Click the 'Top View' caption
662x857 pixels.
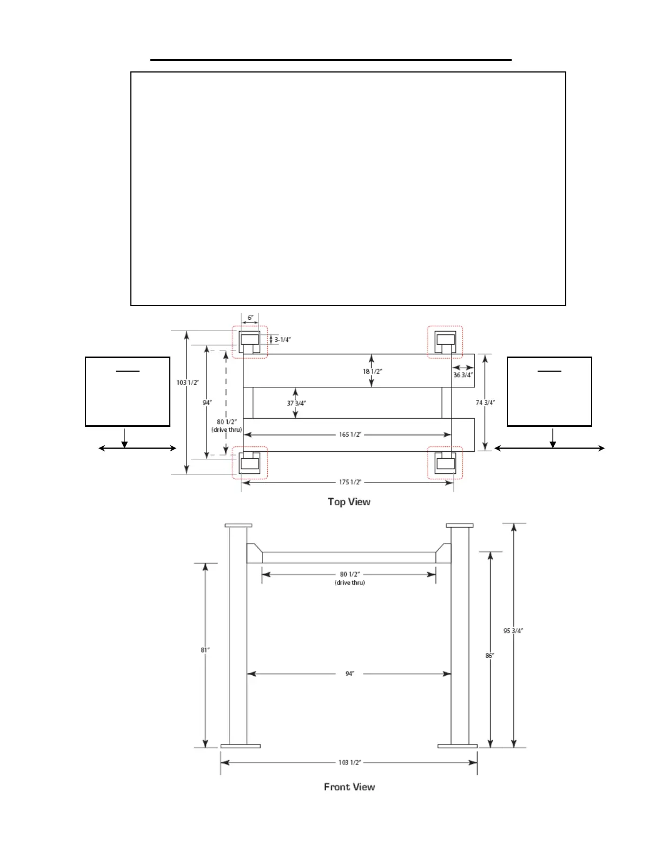click(x=349, y=502)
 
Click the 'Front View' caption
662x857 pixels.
click(x=349, y=787)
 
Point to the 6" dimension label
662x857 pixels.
click(x=250, y=318)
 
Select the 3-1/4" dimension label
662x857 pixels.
click(x=282, y=340)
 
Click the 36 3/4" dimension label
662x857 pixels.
click(x=464, y=374)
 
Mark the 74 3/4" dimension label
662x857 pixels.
click(x=485, y=403)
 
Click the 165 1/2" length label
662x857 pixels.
click(x=349, y=434)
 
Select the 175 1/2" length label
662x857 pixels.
click(x=349, y=482)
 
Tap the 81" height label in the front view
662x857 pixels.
click(x=206, y=650)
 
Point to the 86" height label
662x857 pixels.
click(x=489, y=655)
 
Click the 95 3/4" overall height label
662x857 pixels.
click(x=513, y=630)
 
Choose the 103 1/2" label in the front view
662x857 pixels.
click(x=349, y=762)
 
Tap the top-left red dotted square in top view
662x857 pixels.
click(x=249, y=342)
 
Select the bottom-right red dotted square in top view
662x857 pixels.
click(x=445, y=463)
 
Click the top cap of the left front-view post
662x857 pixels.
click(x=239, y=525)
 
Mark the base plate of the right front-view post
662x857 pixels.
click(x=457, y=746)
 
